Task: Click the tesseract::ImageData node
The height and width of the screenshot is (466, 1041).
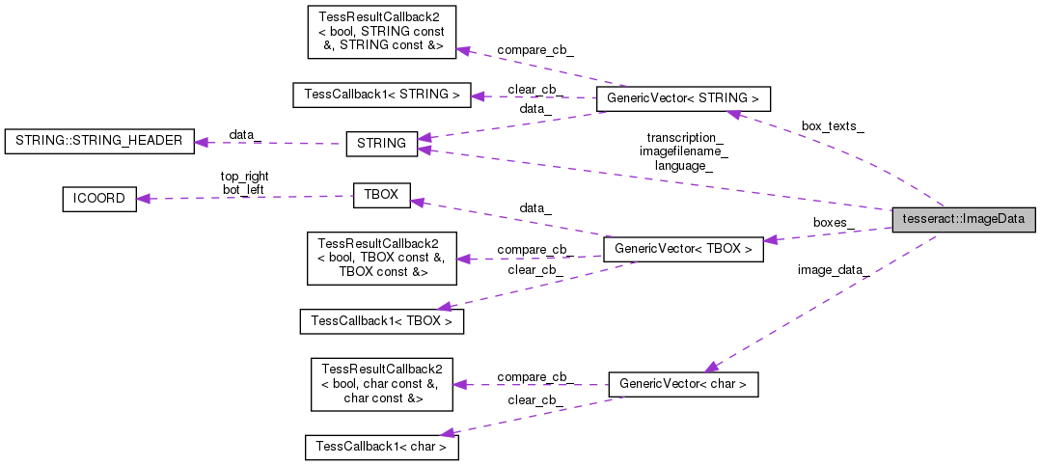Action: pyautogui.click(x=964, y=219)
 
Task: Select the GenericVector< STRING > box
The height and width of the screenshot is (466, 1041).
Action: pyautogui.click(x=683, y=98)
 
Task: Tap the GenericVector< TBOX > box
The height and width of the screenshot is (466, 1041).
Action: pyautogui.click(x=683, y=249)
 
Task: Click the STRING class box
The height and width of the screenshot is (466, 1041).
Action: pyautogui.click(x=381, y=144)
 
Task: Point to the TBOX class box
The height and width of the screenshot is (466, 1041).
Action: pyautogui.click(x=381, y=194)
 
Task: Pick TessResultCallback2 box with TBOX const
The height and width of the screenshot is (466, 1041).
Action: pyautogui.click(x=381, y=258)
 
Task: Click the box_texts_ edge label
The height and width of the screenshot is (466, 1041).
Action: pyautogui.click(x=833, y=127)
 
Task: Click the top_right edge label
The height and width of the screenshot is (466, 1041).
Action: pyautogui.click(x=244, y=177)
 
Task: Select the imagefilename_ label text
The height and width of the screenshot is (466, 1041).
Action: pyautogui.click(x=683, y=151)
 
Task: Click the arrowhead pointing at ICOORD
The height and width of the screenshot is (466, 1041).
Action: pyautogui.click(x=143, y=200)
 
